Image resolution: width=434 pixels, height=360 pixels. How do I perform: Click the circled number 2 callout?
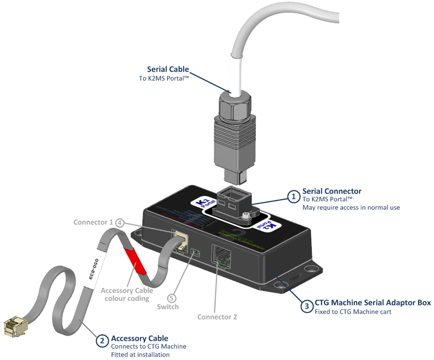coord(102,341)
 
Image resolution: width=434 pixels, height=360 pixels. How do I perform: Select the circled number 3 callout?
coord(306,306)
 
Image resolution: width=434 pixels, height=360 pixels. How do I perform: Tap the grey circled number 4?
coord(120,222)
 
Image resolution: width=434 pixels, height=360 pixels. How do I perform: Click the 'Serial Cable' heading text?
coord(168,69)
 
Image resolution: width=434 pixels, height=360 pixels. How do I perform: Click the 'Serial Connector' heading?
coord(332,191)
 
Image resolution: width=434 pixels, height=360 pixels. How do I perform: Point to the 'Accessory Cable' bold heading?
coord(140,338)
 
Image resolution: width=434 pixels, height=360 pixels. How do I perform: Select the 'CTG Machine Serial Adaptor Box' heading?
coord(373,303)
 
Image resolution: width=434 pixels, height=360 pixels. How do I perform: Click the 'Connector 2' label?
coord(217,317)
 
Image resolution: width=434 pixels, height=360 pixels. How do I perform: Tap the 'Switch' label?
coord(168,307)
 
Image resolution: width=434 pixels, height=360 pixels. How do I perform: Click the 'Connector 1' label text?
coord(93,222)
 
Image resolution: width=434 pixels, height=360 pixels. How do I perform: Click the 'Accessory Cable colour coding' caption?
coord(127,294)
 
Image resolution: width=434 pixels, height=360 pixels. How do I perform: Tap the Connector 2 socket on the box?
coord(221,256)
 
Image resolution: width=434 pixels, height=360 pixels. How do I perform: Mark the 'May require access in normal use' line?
coord(351,207)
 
